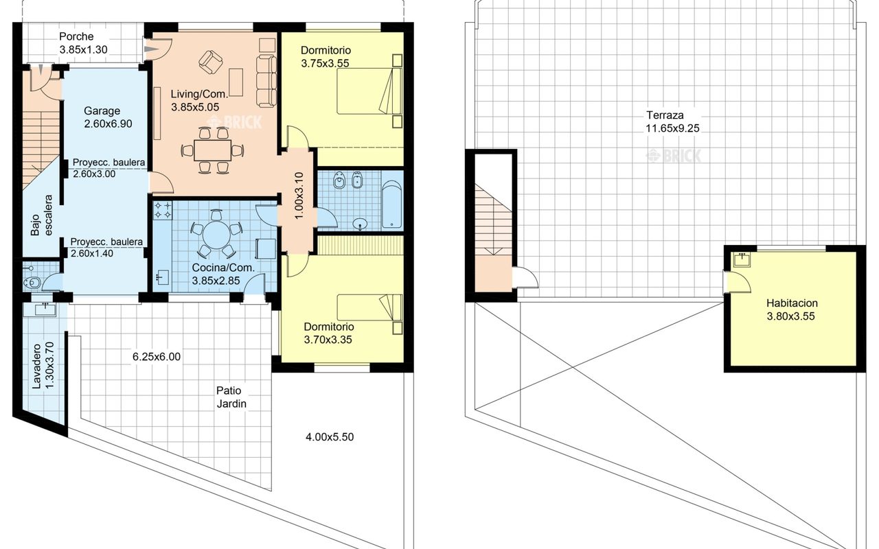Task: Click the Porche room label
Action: (x=76, y=36)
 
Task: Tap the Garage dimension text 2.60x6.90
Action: (x=108, y=124)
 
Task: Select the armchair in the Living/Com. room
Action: (x=211, y=62)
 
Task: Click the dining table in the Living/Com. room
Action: (x=212, y=150)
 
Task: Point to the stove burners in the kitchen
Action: (x=163, y=210)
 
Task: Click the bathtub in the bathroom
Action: (x=391, y=205)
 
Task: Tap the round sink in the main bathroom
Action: (x=360, y=224)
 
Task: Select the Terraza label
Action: (x=665, y=115)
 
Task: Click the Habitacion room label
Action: (x=792, y=303)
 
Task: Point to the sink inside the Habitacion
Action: (x=742, y=259)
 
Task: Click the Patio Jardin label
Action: (x=231, y=397)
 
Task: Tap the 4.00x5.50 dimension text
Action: (x=330, y=437)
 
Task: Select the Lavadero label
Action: (x=36, y=366)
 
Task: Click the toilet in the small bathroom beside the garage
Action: (x=32, y=282)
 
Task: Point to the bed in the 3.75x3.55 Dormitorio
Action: (x=369, y=91)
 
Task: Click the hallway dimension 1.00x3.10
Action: (x=299, y=196)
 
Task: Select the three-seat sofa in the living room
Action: (x=266, y=81)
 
